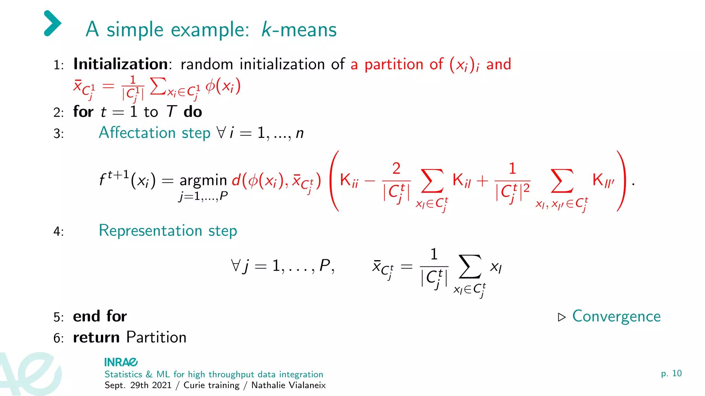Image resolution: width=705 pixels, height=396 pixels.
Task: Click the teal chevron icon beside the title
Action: [52, 23]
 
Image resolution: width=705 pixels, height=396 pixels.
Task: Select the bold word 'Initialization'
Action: [120, 64]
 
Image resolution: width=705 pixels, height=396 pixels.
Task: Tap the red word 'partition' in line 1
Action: [393, 64]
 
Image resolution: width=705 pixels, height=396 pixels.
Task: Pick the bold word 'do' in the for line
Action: [193, 112]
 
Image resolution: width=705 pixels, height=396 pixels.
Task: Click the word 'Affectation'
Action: [137, 133]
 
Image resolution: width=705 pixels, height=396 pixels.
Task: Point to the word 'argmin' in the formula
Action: [203, 180]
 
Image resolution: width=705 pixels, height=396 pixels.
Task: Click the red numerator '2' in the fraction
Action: [396, 168]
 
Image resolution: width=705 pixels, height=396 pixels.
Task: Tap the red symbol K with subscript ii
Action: [348, 180]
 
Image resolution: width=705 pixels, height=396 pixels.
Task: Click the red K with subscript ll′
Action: [603, 180]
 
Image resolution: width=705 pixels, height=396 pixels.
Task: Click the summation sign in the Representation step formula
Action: [470, 266]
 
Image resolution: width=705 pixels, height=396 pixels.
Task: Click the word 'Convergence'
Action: [616, 316]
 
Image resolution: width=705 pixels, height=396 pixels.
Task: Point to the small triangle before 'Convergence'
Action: [562, 317]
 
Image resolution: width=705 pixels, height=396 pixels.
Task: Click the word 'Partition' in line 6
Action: [156, 338]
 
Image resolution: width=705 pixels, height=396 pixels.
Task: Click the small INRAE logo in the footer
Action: [121, 362]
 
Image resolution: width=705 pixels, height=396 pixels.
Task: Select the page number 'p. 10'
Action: [671, 373]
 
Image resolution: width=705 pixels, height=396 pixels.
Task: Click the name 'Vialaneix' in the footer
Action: [306, 385]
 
